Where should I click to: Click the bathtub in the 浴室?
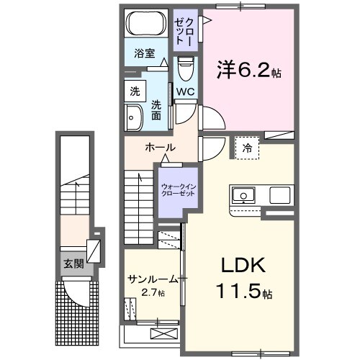pos(146,24)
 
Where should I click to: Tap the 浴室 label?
pos(145,53)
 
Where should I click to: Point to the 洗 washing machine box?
pos(135,92)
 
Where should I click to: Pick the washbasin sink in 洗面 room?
pos(134,117)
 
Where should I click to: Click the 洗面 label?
pos(156,111)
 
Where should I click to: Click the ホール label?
pos(160,148)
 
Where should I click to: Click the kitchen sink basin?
pos(243,194)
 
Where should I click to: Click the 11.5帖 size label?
pos(242,293)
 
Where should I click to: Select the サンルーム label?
pos(153,279)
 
